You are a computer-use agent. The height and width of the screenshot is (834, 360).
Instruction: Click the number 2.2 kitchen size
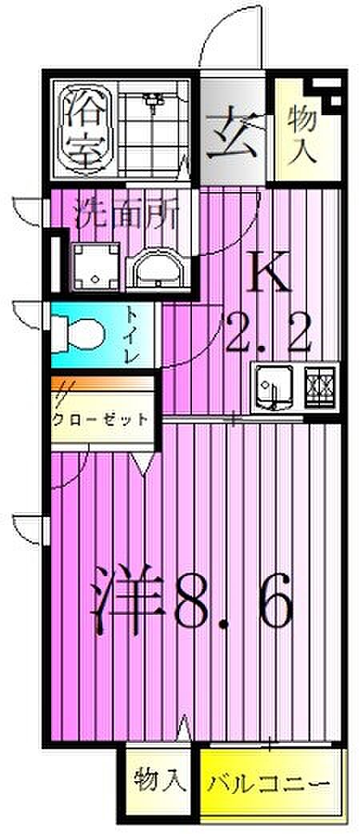point(267,332)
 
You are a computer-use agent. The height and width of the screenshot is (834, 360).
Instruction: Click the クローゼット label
point(101,419)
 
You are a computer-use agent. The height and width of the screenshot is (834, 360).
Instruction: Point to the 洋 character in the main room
point(126,600)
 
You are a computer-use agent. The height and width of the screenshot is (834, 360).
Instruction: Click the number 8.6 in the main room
point(234,600)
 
